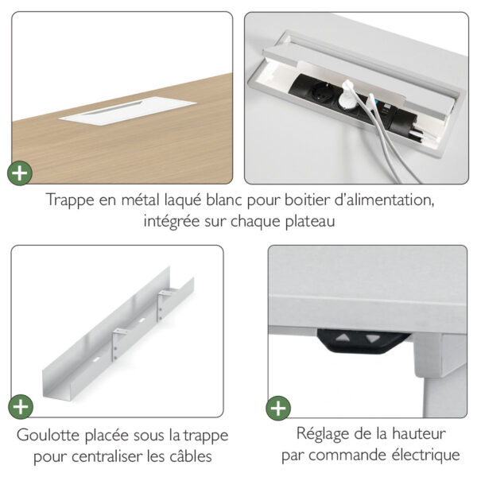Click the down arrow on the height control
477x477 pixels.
coord(373,339)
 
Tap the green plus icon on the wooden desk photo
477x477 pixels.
coord(20,173)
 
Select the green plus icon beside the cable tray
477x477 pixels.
coord(21,407)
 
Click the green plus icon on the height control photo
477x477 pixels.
coord(278,409)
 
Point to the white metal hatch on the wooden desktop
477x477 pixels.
coord(128,111)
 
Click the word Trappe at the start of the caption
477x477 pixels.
coord(70,200)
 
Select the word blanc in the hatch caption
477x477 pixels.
coord(224,200)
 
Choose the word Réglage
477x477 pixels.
coord(323,434)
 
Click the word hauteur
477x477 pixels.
coord(419,433)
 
